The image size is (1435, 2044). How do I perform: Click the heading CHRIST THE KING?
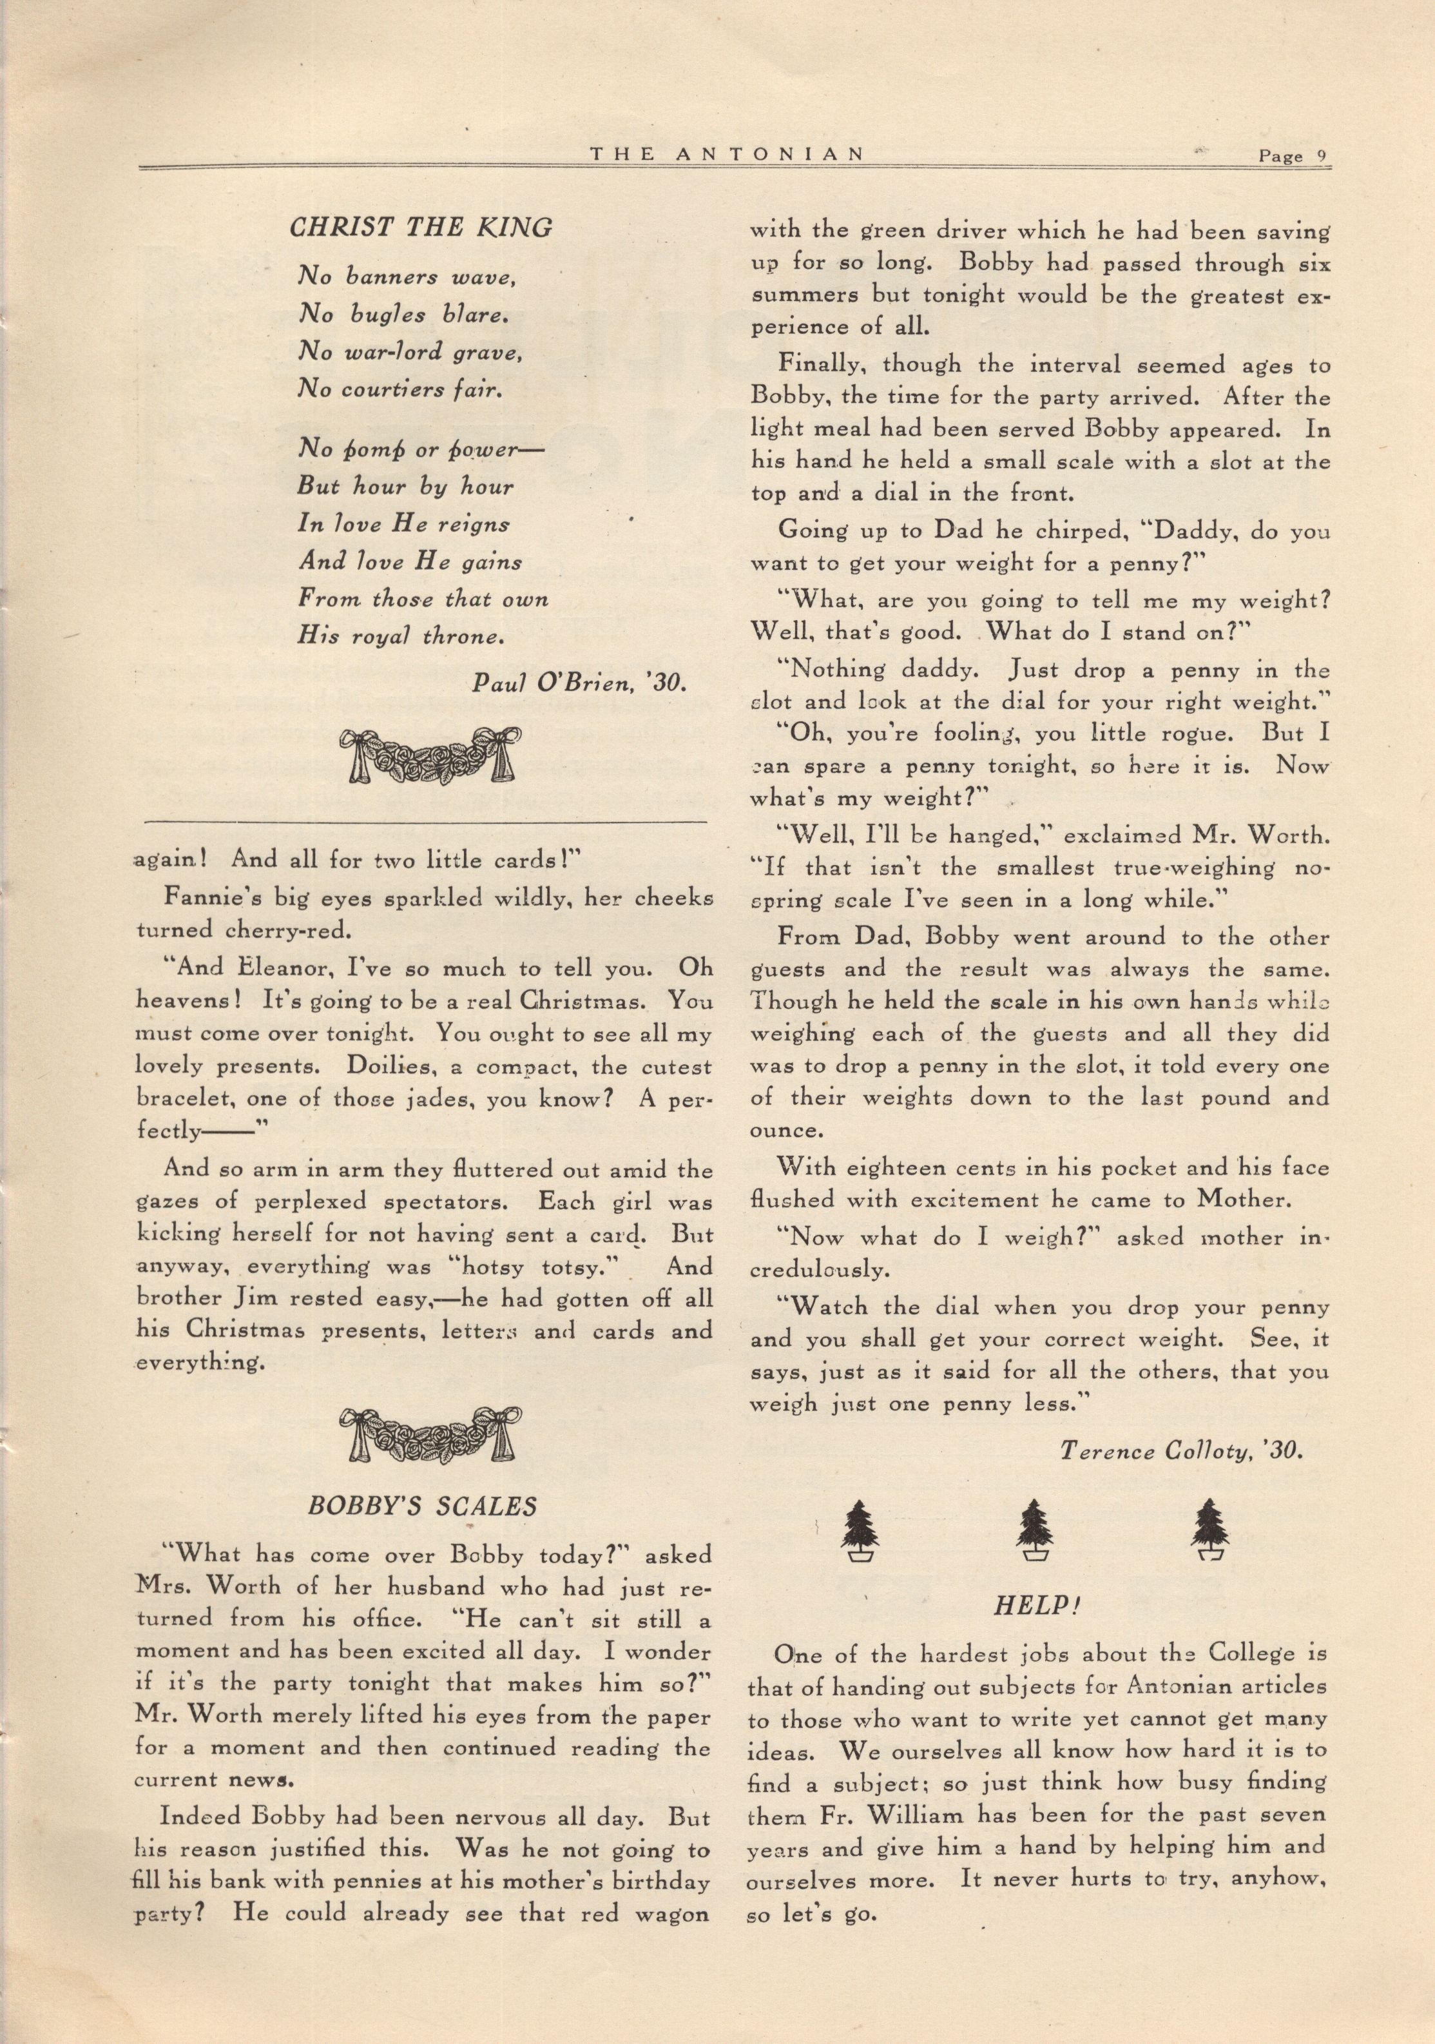coord(420,228)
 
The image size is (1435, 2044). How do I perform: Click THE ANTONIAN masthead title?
coord(727,154)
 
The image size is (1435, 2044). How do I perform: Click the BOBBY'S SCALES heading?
coord(423,1506)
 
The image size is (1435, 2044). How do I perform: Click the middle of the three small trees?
coord(1035,1530)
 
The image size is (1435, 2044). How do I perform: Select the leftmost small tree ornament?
coord(860,1530)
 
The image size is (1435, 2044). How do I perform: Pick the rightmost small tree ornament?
coord(1211,1530)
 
